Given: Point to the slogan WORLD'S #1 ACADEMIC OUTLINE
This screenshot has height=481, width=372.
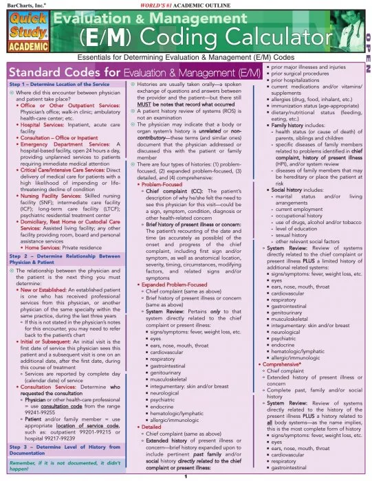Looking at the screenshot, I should pos(186,5).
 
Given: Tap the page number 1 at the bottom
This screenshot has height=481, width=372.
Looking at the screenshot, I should pos(186,476).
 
